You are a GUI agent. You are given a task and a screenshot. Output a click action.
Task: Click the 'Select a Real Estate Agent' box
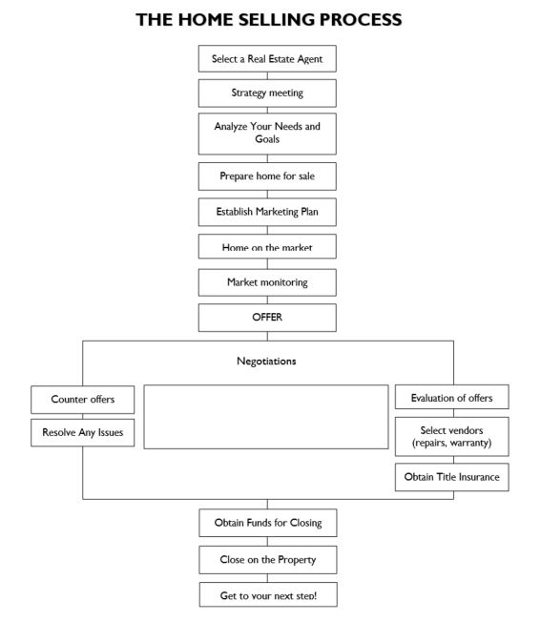pyautogui.click(x=267, y=59)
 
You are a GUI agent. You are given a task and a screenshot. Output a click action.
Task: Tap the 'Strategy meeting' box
pyautogui.click(x=267, y=93)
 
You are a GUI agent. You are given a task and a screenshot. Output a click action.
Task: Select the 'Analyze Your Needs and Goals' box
pyautogui.click(x=267, y=134)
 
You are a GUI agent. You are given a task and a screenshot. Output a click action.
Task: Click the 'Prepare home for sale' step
pyautogui.click(x=267, y=176)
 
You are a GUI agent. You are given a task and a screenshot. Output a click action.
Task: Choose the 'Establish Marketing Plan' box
pyautogui.click(x=267, y=212)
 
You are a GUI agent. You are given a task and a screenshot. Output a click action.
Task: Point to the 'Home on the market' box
pyautogui.click(x=267, y=246)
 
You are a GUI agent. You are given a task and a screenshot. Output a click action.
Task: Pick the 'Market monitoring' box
pyautogui.click(x=267, y=282)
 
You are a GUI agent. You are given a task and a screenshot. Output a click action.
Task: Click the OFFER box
pyautogui.click(x=267, y=318)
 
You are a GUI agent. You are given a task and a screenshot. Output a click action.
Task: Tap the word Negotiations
pyautogui.click(x=266, y=362)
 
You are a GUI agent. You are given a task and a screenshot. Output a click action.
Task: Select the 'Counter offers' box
pyautogui.click(x=82, y=400)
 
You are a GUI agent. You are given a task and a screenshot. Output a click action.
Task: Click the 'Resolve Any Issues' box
pyautogui.click(x=82, y=432)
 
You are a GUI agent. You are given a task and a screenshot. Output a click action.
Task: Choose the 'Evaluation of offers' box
pyautogui.click(x=451, y=397)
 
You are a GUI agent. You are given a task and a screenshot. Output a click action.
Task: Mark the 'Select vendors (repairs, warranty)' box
pyautogui.click(x=451, y=436)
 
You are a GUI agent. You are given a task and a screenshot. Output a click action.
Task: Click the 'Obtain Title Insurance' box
pyautogui.click(x=451, y=477)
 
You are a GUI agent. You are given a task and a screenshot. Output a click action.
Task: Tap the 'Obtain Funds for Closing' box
pyautogui.click(x=268, y=523)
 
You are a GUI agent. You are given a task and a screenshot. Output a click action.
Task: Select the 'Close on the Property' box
pyautogui.click(x=268, y=560)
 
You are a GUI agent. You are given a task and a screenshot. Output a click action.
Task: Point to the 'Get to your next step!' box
pyautogui.click(x=268, y=594)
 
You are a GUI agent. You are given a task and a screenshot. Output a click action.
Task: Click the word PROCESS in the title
pyautogui.click(x=361, y=20)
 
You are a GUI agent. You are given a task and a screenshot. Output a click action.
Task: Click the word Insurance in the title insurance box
pyautogui.click(x=479, y=477)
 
